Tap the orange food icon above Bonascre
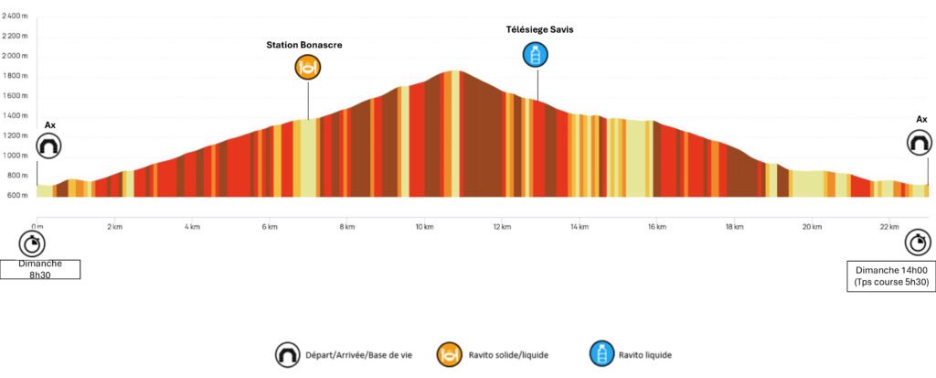pyautogui.click(x=308, y=67)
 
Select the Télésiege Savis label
pyautogui.click(x=539, y=29)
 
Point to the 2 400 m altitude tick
pyautogui.click(x=16, y=16)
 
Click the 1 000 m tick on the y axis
pyautogui.click(x=16, y=156)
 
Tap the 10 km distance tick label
pyautogui.click(x=423, y=225)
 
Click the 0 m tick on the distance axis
pyautogui.click(x=37, y=225)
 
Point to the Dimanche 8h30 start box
pyautogui.click(x=40, y=268)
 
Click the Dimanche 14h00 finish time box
pyautogui.click(x=891, y=276)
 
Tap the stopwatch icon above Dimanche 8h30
pyautogui.click(x=32, y=243)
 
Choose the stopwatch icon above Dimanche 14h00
pyautogui.click(x=918, y=243)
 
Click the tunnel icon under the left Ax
pyautogui.click(x=48, y=145)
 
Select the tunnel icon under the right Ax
pyautogui.click(x=920, y=143)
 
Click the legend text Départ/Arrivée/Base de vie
pyautogui.click(x=356, y=354)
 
